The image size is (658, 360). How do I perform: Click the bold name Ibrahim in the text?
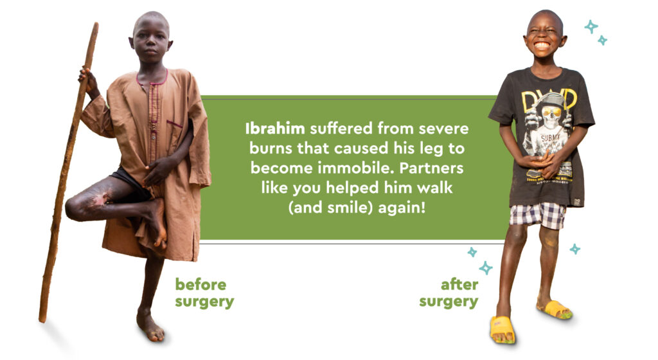click(275, 129)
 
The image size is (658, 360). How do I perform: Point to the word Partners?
click(431, 168)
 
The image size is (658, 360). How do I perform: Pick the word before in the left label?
click(200, 285)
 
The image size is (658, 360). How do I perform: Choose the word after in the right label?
click(459, 285)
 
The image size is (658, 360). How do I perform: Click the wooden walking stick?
click(67, 172)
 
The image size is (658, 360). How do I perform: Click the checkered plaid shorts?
click(538, 215)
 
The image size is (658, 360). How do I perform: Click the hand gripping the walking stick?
click(88, 80)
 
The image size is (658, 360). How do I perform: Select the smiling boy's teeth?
click(542, 44)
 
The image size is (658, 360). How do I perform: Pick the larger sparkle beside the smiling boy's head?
click(592, 26)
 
